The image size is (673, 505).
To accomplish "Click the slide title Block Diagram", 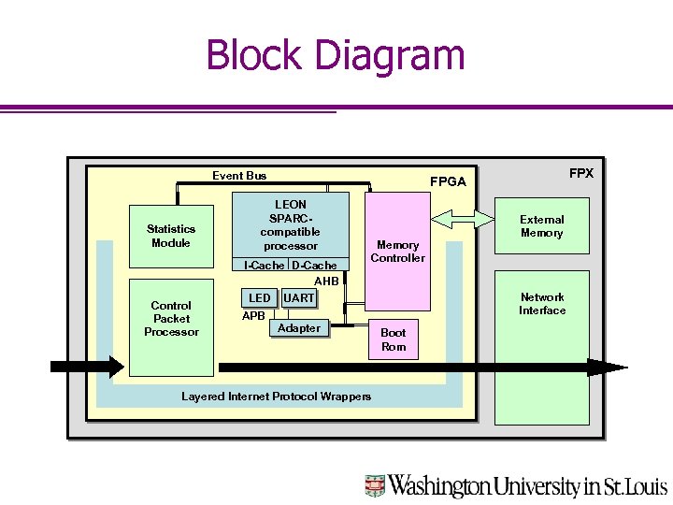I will click(x=335, y=55).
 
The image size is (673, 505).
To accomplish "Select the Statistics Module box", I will click(x=170, y=236).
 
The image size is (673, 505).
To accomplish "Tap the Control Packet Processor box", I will click(x=170, y=319).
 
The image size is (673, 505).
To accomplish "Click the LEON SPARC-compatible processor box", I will click(x=290, y=224).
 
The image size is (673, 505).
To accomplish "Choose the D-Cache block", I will click(x=314, y=266).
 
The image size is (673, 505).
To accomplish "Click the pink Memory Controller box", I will click(x=397, y=251).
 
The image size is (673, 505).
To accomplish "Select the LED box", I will click(x=259, y=298).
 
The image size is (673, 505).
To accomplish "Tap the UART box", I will click(x=299, y=298).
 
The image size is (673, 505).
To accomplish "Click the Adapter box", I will click(x=298, y=328).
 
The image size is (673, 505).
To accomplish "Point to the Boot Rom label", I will click(x=394, y=339).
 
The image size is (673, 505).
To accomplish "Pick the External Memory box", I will click(x=542, y=226).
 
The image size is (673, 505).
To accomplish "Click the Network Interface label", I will click(x=542, y=304).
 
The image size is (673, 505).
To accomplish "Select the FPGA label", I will click(x=447, y=181).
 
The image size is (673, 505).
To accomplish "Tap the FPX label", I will click(x=580, y=173).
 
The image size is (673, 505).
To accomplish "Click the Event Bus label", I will click(x=239, y=176).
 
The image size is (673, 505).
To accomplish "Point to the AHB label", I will click(x=326, y=281).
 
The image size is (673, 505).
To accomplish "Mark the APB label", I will click(x=253, y=316).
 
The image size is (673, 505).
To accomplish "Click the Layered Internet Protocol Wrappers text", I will click(x=276, y=397).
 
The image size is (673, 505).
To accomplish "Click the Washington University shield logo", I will click(x=375, y=485).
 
